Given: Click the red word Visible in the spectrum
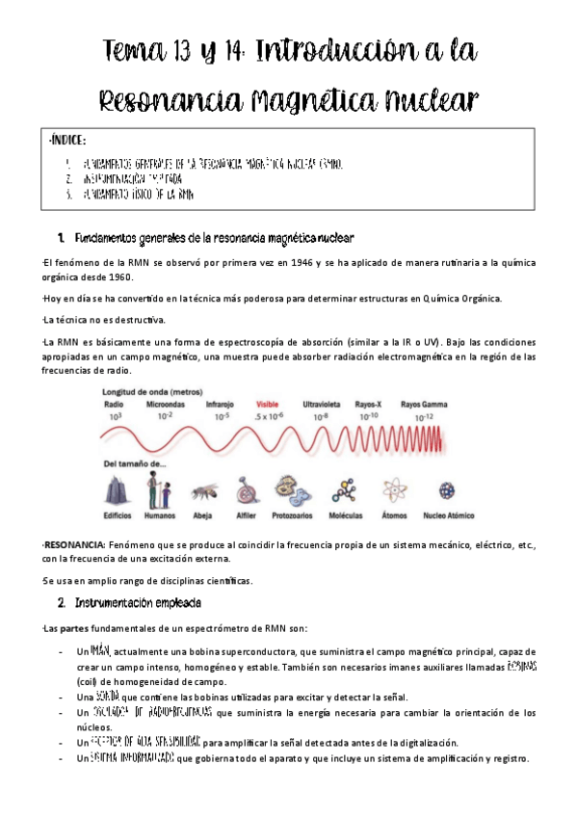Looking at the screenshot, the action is click(269, 404).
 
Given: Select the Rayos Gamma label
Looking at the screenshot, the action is click(424, 404).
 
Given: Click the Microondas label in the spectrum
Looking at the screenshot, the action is click(166, 404).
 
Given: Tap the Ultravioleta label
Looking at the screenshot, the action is click(324, 404).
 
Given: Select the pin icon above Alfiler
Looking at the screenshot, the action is click(247, 492).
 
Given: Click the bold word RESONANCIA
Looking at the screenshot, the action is click(74, 545).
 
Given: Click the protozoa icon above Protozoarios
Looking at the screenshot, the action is click(293, 492).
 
